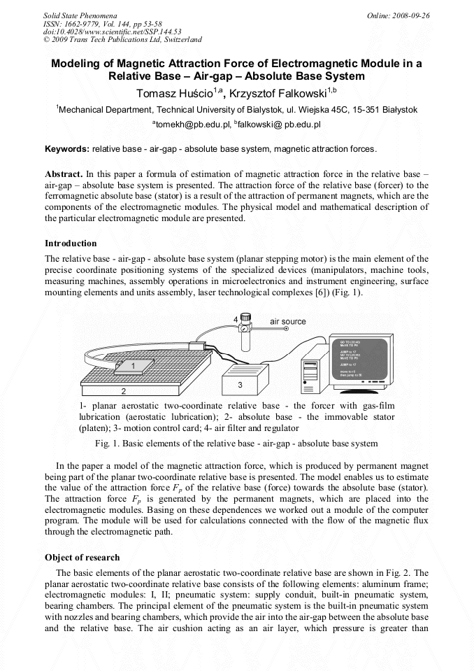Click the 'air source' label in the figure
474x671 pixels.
tap(288, 321)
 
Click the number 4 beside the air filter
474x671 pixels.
tap(236, 319)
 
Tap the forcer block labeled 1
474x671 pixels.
tap(132, 366)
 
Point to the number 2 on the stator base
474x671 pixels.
tap(124, 391)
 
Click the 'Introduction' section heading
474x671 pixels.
tap(71, 243)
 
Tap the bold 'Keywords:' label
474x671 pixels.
tap(67, 149)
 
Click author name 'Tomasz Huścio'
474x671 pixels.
tap(175, 94)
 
